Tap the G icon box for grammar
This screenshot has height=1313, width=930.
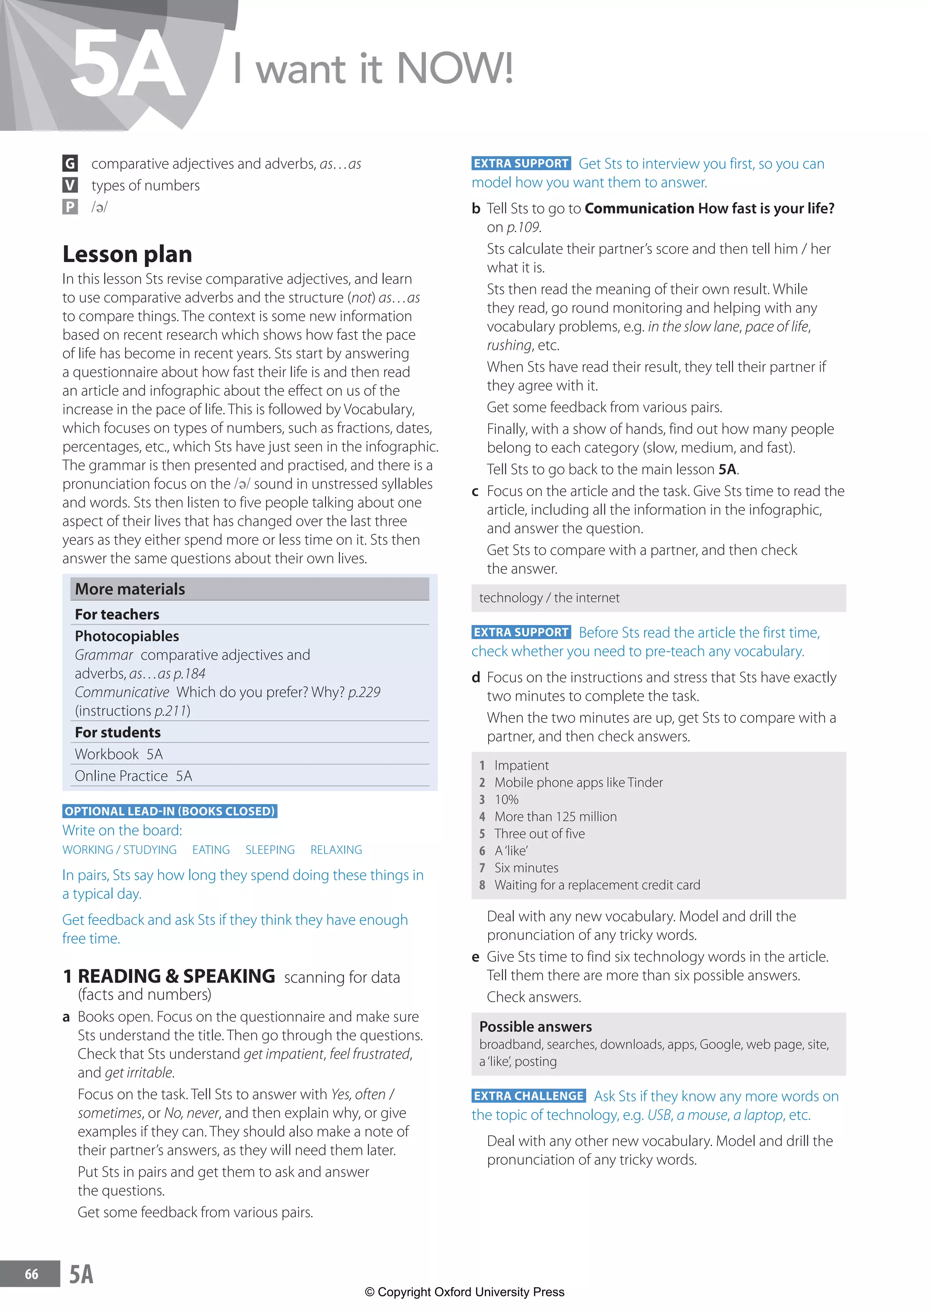(x=70, y=164)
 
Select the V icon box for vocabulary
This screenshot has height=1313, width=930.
(x=70, y=185)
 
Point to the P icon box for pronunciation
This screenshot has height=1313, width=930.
(x=70, y=207)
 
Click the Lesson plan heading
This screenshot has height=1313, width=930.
(x=127, y=254)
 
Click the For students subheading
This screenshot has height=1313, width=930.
(x=118, y=733)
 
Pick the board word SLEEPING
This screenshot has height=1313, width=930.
(x=270, y=850)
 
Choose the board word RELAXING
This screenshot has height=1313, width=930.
(x=336, y=850)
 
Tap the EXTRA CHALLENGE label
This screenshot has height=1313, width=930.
(x=529, y=1096)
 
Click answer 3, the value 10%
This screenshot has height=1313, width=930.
(x=506, y=800)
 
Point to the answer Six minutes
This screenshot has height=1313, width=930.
(x=526, y=868)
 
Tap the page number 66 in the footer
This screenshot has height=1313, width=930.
(x=31, y=1274)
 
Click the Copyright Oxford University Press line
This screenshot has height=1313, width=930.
(x=465, y=1292)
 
